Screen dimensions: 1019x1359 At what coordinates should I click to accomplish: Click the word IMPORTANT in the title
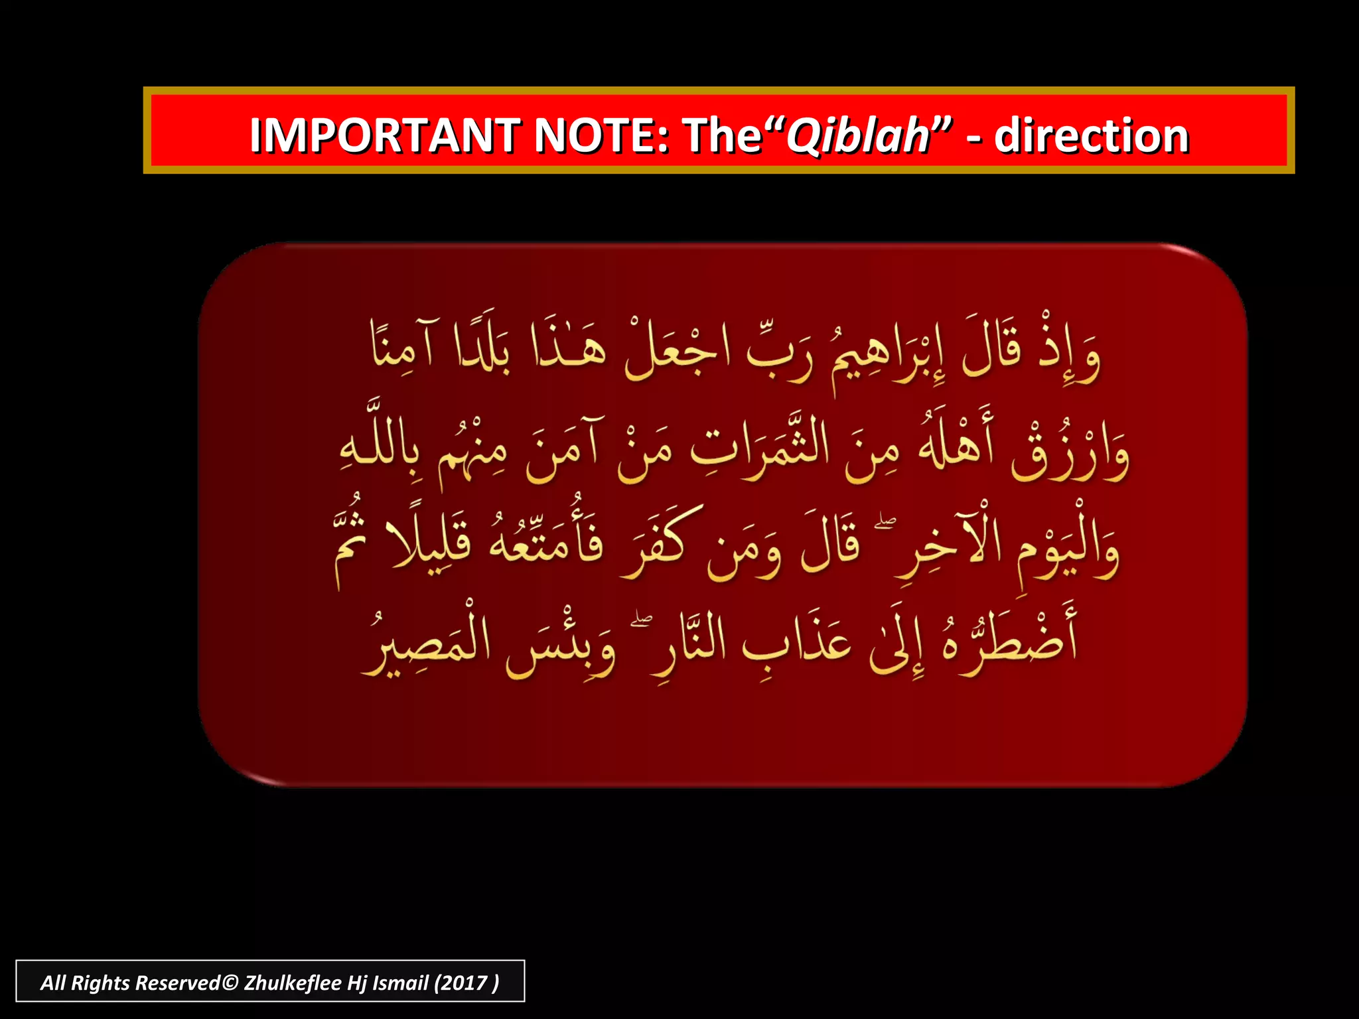(385, 136)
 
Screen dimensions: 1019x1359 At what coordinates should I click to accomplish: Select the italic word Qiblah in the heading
(859, 136)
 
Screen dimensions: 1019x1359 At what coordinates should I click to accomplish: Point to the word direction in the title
(1091, 136)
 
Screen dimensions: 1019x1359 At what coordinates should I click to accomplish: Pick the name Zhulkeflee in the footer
(293, 983)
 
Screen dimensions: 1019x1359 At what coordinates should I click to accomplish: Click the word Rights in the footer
(100, 983)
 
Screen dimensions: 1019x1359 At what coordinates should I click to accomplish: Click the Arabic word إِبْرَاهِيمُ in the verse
(889, 355)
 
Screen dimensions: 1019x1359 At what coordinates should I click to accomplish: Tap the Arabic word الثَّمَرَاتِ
(760, 444)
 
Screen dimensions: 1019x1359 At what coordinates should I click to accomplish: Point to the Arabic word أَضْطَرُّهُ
(1009, 640)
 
